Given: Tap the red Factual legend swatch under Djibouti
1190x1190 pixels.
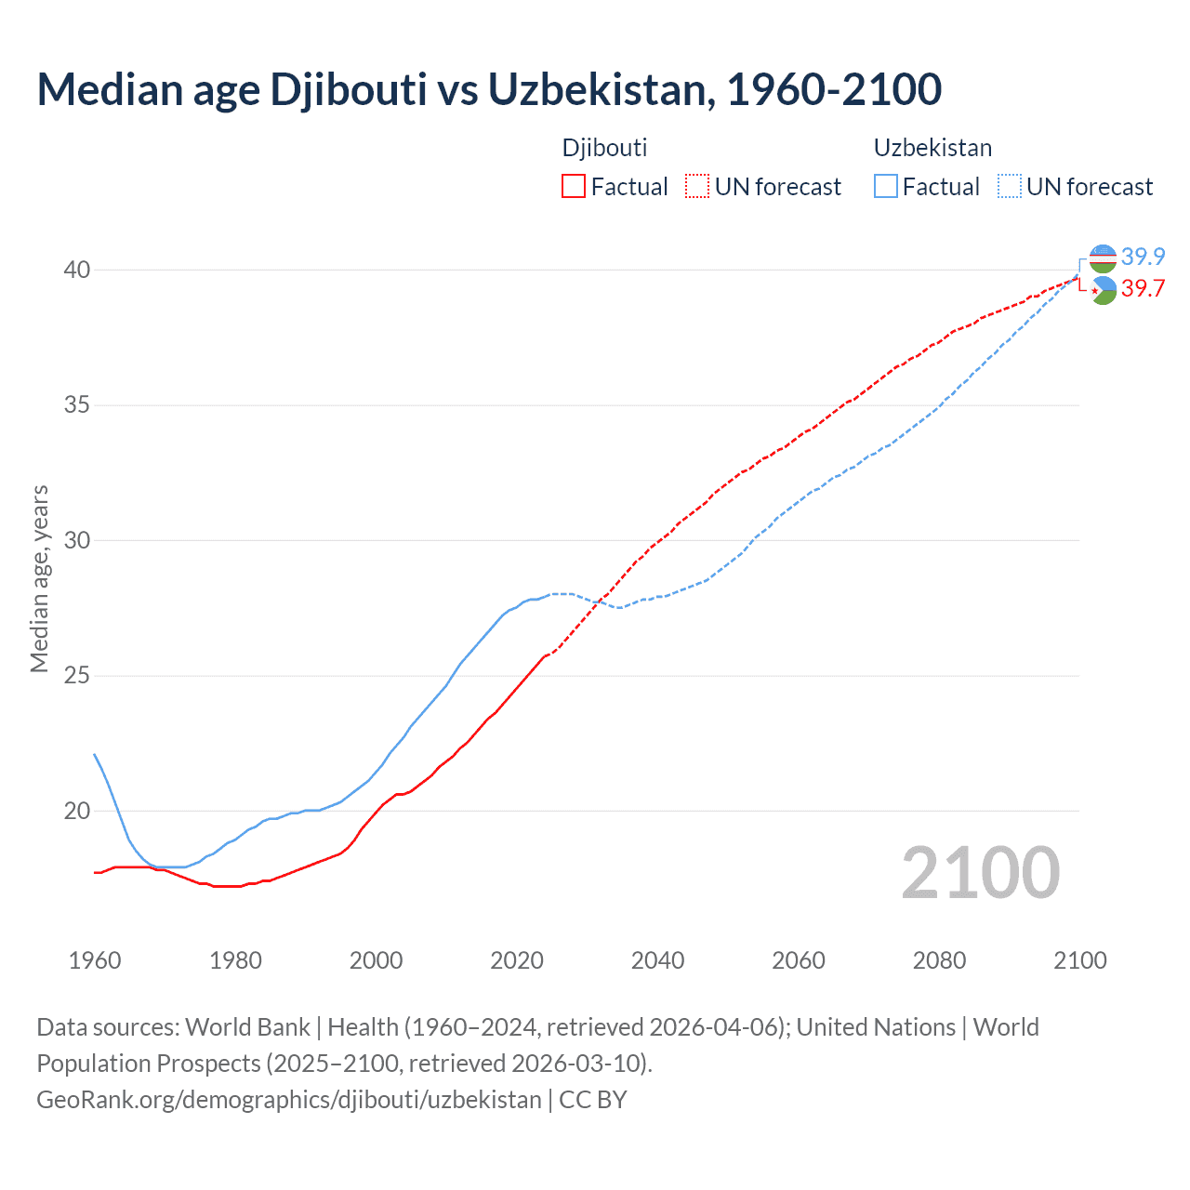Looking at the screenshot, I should coord(574,187).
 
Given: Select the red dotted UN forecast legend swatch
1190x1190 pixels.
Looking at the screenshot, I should coord(697,187).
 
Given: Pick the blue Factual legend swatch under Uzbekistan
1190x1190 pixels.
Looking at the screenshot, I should coord(886,187).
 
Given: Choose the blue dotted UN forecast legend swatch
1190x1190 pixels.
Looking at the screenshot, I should coord(1009,187).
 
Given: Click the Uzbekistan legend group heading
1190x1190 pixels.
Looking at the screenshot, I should coord(932,148).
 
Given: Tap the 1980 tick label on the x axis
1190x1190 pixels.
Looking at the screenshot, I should coord(235,960).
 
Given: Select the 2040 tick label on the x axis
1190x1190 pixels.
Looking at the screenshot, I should coord(657,960).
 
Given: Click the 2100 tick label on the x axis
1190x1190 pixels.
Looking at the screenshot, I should coord(1079,960).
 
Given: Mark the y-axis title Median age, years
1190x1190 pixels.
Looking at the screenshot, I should coord(39,578).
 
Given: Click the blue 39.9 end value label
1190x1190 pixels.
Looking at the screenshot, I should coord(1143,257).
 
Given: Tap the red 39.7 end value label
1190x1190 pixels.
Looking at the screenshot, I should coord(1143,289).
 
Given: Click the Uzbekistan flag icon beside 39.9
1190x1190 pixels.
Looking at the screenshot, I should coord(1103,258).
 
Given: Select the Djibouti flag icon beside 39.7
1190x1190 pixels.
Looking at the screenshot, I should coord(1103,290).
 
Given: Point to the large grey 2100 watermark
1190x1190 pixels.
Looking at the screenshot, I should coord(980,872).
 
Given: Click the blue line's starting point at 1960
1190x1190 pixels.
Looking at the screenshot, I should coord(95,754).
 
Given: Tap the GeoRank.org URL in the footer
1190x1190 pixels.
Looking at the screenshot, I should coord(288,1100).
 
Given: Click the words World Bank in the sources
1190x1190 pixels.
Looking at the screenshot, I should coord(247,1027).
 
